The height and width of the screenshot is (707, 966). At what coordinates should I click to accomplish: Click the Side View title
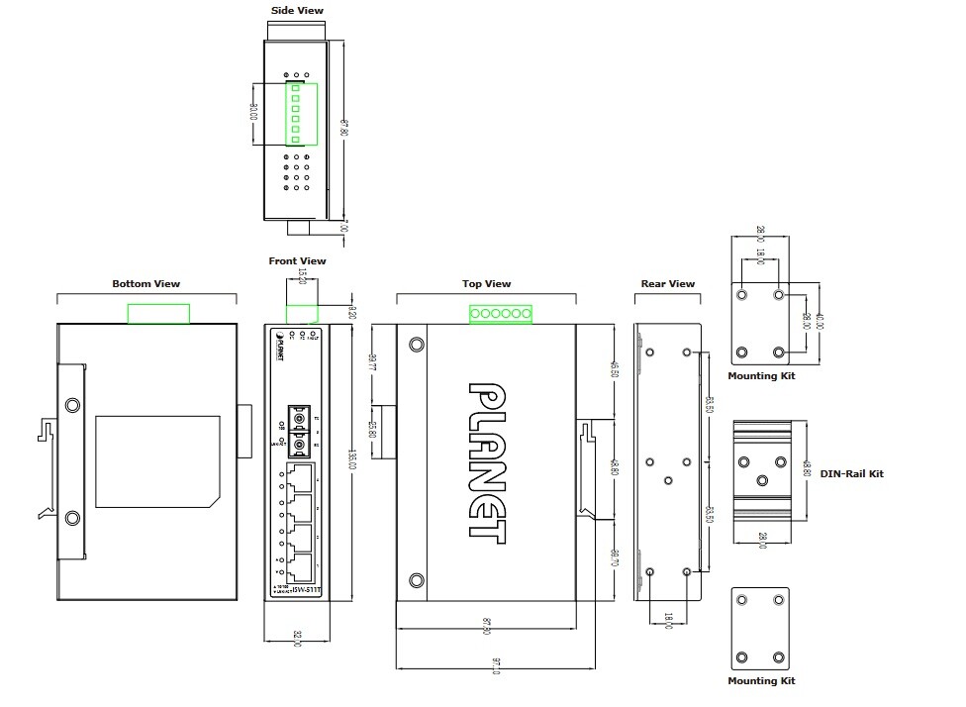[x=297, y=11]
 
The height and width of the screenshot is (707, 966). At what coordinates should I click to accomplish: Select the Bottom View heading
[x=146, y=284]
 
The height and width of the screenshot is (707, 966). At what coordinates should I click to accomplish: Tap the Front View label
[x=297, y=261]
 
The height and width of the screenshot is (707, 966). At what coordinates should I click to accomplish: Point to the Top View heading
[x=487, y=284]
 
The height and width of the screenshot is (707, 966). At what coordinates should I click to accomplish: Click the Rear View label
[x=668, y=284]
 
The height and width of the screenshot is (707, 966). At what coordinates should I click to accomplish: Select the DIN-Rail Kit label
[x=852, y=473]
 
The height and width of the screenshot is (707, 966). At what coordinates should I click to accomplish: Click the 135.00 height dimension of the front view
[x=353, y=460]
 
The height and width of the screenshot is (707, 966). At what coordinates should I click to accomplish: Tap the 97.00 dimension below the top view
[x=496, y=669]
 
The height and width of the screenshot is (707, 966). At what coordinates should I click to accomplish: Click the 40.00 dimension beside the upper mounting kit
[x=821, y=323]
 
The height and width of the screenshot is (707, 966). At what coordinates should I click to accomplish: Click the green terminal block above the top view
[x=501, y=314]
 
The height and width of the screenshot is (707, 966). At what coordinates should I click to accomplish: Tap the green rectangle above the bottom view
[x=158, y=313]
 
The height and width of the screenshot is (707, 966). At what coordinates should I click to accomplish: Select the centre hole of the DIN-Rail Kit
[x=761, y=479]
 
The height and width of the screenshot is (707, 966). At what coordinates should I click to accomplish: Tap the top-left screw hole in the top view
[x=418, y=346]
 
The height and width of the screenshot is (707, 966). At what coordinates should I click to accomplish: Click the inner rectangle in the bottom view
[x=156, y=462]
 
